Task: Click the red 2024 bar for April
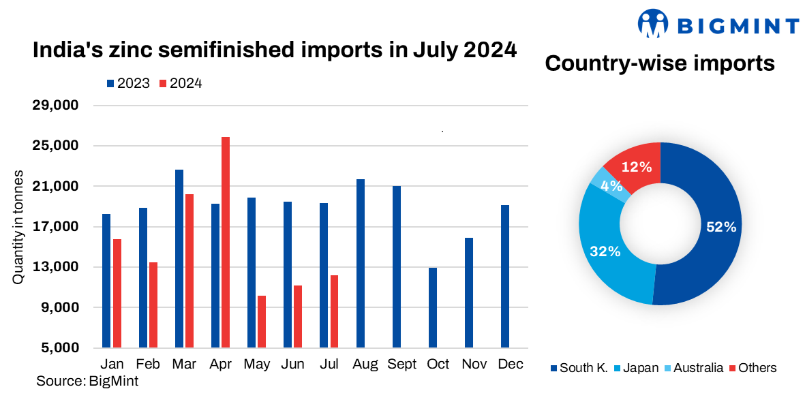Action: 226,242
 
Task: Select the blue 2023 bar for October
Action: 433,307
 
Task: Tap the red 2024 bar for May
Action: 262,322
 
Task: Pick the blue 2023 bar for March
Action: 179,258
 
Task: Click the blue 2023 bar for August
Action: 361,263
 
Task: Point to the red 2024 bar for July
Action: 334,311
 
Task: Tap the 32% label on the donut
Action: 605,251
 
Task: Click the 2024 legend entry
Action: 181,83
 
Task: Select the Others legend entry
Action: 753,368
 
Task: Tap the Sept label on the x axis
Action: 401,365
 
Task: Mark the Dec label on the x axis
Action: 511,365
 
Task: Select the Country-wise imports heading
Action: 660,64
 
